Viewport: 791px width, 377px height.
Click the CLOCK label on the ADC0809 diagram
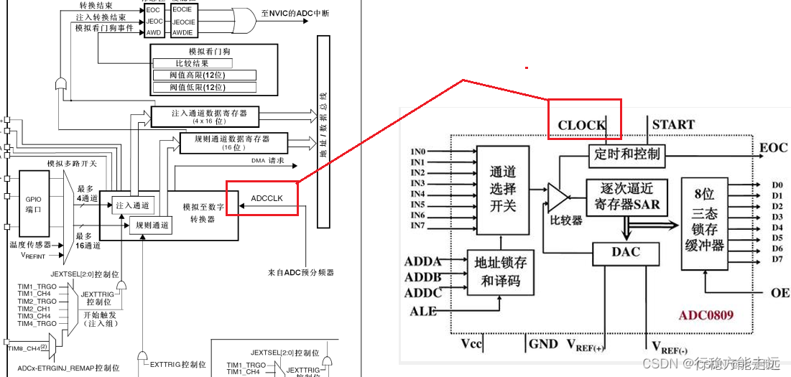click(x=581, y=125)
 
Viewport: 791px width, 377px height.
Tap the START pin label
click(x=672, y=124)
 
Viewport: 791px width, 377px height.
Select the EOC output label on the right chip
click(x=773, y=148)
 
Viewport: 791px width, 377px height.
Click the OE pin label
click(x=780, y=293)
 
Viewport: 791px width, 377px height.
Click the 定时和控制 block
click(x=627, y=154)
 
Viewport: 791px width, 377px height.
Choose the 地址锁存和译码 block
click(x=501, y=271)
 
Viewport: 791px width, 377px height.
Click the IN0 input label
click(x=417, y=152)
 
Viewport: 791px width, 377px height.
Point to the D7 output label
click(x=777, y=259)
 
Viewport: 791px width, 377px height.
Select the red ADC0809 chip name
click(x=706, y=315)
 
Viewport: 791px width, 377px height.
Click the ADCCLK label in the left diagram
click(x=268, y=199)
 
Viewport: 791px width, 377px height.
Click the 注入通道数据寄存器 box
click(x=204, y=116)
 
